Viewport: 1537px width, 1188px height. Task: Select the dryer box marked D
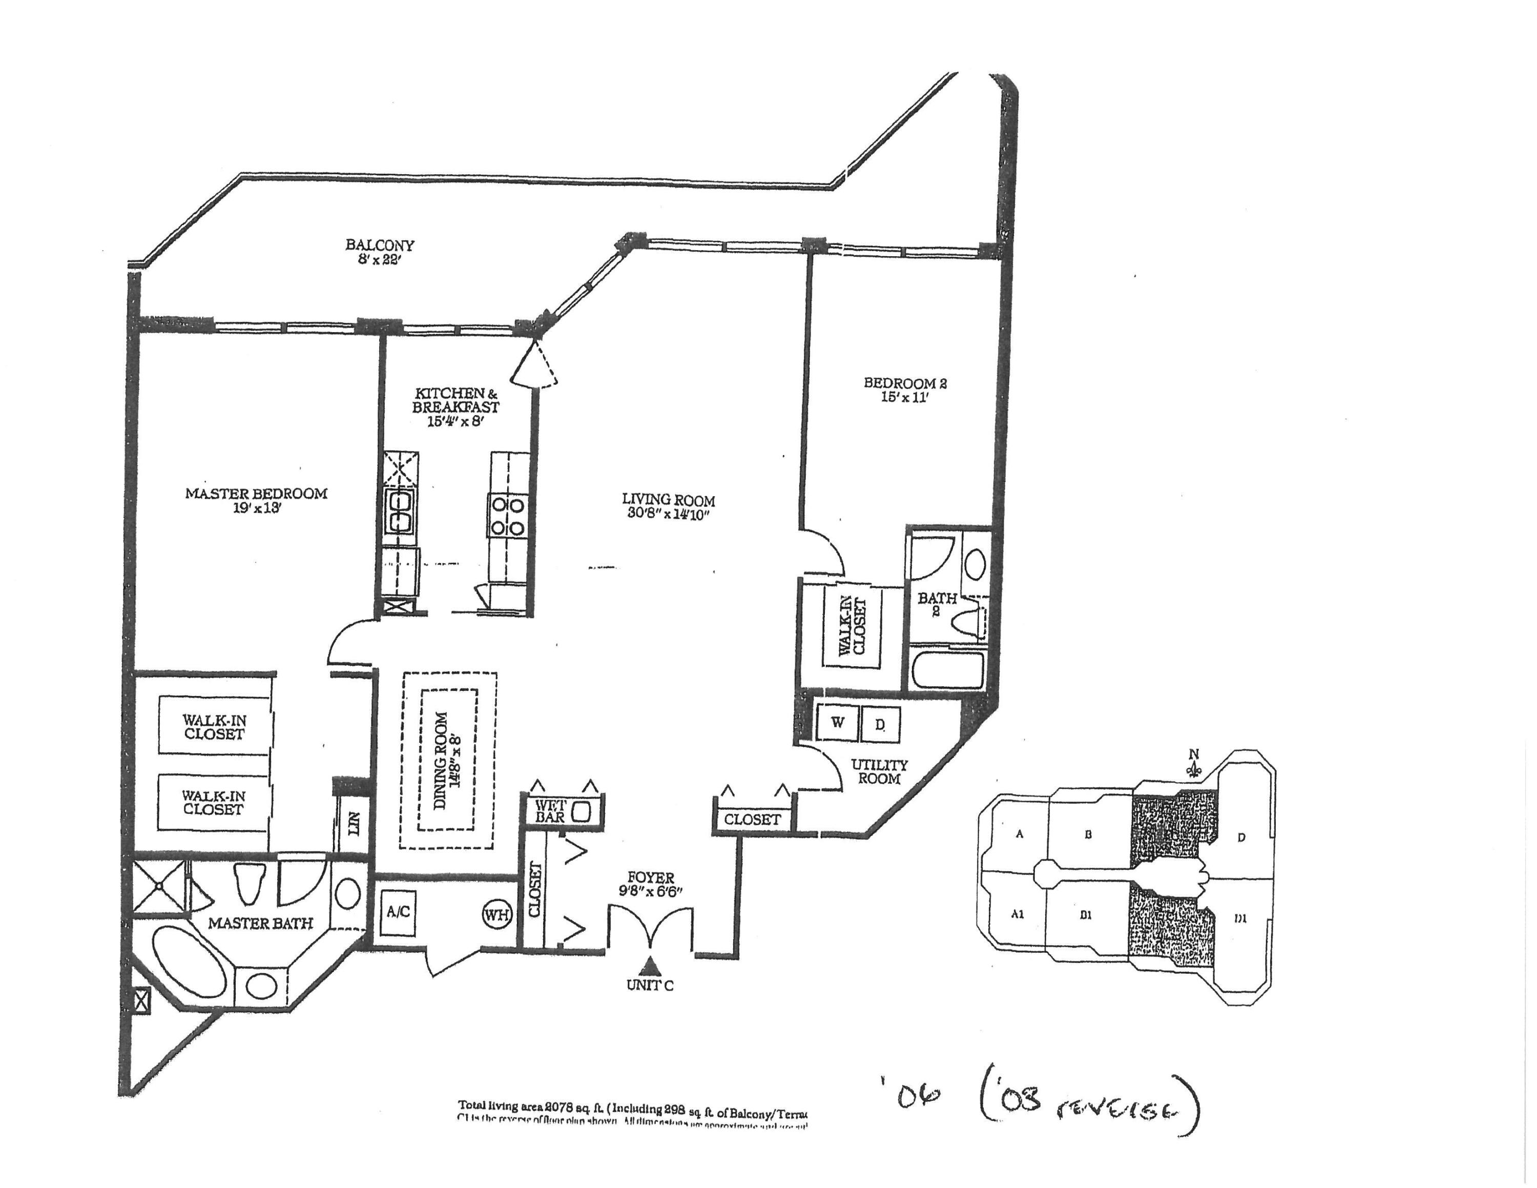click(880, 723)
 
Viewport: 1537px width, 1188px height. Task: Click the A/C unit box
click(398, 912)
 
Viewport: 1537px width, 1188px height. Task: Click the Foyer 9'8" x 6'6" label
click(651, 884)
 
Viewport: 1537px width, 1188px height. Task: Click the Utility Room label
click(879, 771)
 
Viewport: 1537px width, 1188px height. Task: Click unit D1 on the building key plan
click(1240, 918)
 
